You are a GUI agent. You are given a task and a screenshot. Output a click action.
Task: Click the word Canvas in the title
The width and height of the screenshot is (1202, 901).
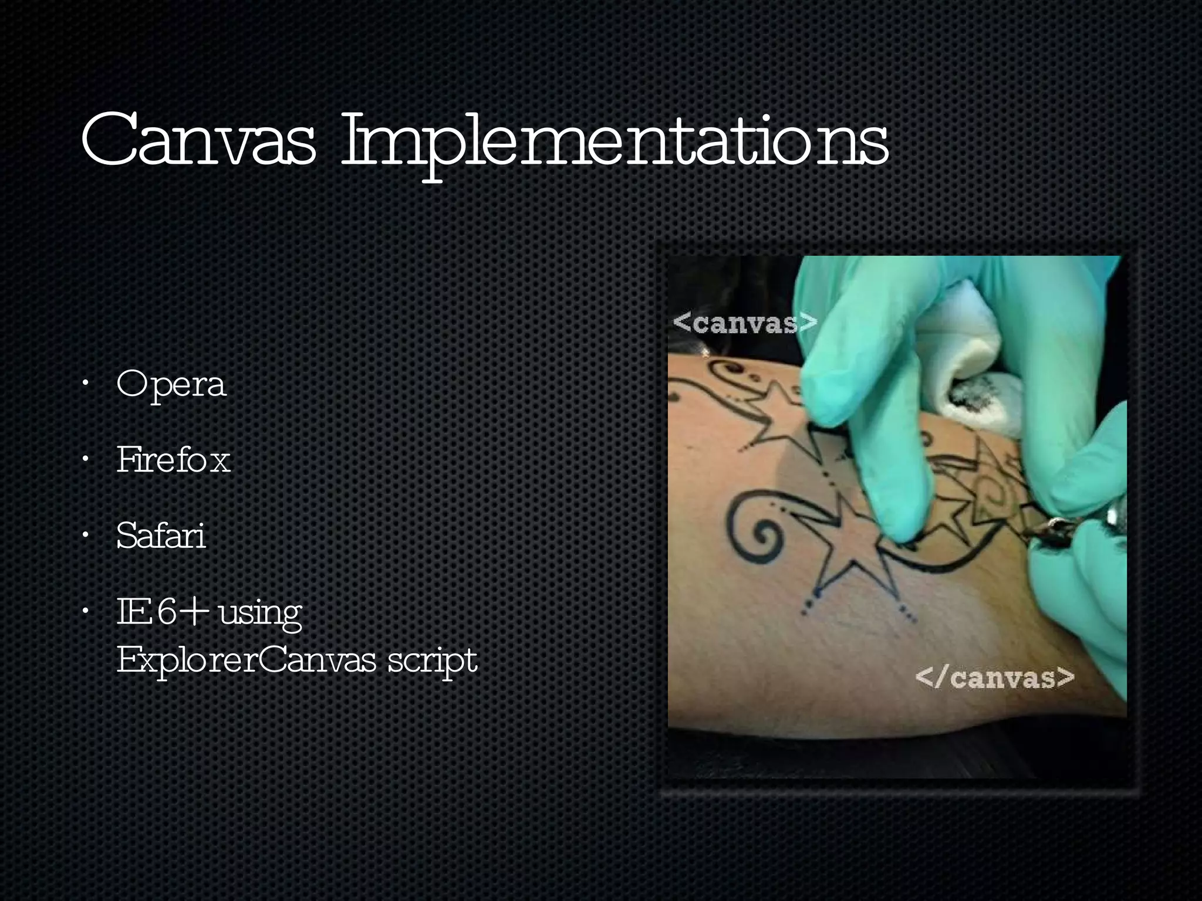click(x=198, y=141)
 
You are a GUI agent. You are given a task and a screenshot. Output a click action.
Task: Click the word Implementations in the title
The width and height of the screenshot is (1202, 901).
click(x=614, y=144)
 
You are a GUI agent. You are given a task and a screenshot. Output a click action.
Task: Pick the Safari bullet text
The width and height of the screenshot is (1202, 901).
click(x=161, y=536)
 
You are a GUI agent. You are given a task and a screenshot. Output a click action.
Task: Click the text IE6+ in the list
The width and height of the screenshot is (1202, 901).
click(x=163, y=612)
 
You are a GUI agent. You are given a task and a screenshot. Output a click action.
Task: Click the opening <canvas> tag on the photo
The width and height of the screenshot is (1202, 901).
click(x=745, y=323)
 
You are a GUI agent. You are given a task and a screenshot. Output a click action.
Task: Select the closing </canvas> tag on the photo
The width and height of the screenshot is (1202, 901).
click(x=995, y=678)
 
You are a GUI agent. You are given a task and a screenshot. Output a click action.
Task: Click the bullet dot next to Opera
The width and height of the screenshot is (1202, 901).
click(x=86, y=385)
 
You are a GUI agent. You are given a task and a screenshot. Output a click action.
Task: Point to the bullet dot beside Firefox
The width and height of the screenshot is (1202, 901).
click(x=86, y=460)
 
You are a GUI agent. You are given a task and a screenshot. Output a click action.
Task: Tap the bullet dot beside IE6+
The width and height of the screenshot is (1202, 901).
click(x=86, y=612)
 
